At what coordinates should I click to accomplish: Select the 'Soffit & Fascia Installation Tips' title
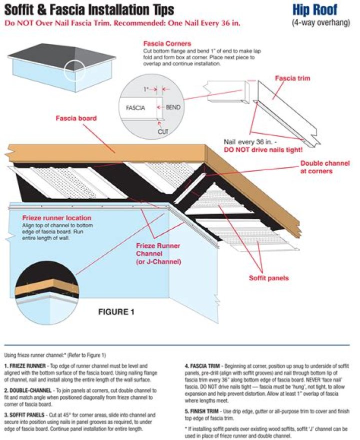click(89, 10)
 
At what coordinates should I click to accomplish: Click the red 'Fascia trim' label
click(292, 78)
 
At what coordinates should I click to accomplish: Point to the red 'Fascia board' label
click(76, 119)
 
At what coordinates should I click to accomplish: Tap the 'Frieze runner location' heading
click(56, 218)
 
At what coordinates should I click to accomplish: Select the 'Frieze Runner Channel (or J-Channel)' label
click(158, 254)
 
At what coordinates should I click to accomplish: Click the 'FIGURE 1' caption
click(116, 312)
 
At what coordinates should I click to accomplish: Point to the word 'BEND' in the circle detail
click(173, 107)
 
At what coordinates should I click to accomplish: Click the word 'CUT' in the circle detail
click(163, 131)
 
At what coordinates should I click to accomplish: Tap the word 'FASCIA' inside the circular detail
click(135, 108)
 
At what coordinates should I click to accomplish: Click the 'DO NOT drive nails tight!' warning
click(263, 150)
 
